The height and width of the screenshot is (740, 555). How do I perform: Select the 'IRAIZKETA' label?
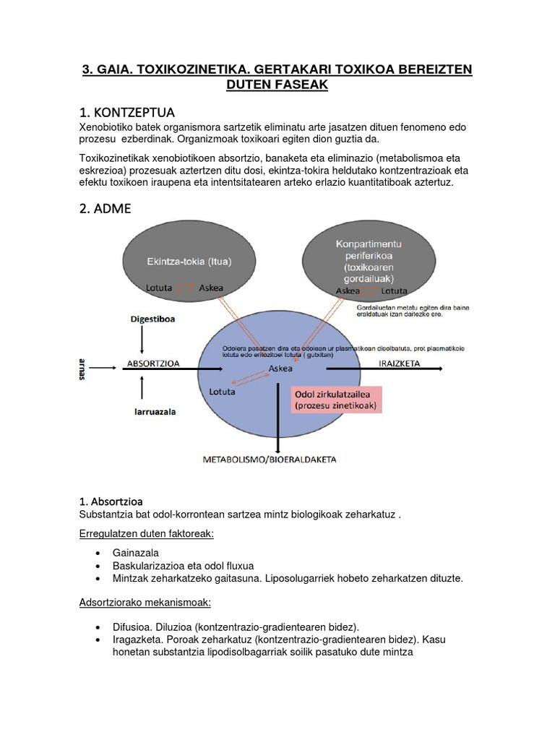[x=400, y=363]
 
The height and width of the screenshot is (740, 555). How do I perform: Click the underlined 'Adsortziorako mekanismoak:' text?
[x=145, y=602]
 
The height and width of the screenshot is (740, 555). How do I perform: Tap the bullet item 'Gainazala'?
[x=136, y=553]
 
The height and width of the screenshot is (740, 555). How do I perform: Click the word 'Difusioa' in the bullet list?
[x=134, y=627]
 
